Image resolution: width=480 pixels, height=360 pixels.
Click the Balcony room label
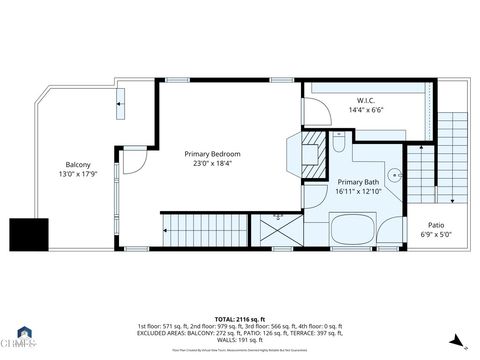click(x=78, y=164)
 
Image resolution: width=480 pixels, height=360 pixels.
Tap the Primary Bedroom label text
click(x=212, y=154)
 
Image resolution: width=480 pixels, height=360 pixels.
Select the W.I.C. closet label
click(x=365, y=101)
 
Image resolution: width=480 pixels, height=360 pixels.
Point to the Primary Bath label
click(x=357, y=182)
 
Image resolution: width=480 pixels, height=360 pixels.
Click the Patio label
click(x=436, y=225)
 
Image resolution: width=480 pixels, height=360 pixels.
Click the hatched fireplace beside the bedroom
click(x=314, y=142)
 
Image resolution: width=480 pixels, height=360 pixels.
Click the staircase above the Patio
click(x=453, y=150)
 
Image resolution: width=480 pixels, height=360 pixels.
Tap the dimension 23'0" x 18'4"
click(x=212, y=165)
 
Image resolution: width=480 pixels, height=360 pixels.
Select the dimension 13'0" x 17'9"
click(x=78, y=175)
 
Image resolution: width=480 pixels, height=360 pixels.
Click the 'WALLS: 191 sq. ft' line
click(x=240, y=341)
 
